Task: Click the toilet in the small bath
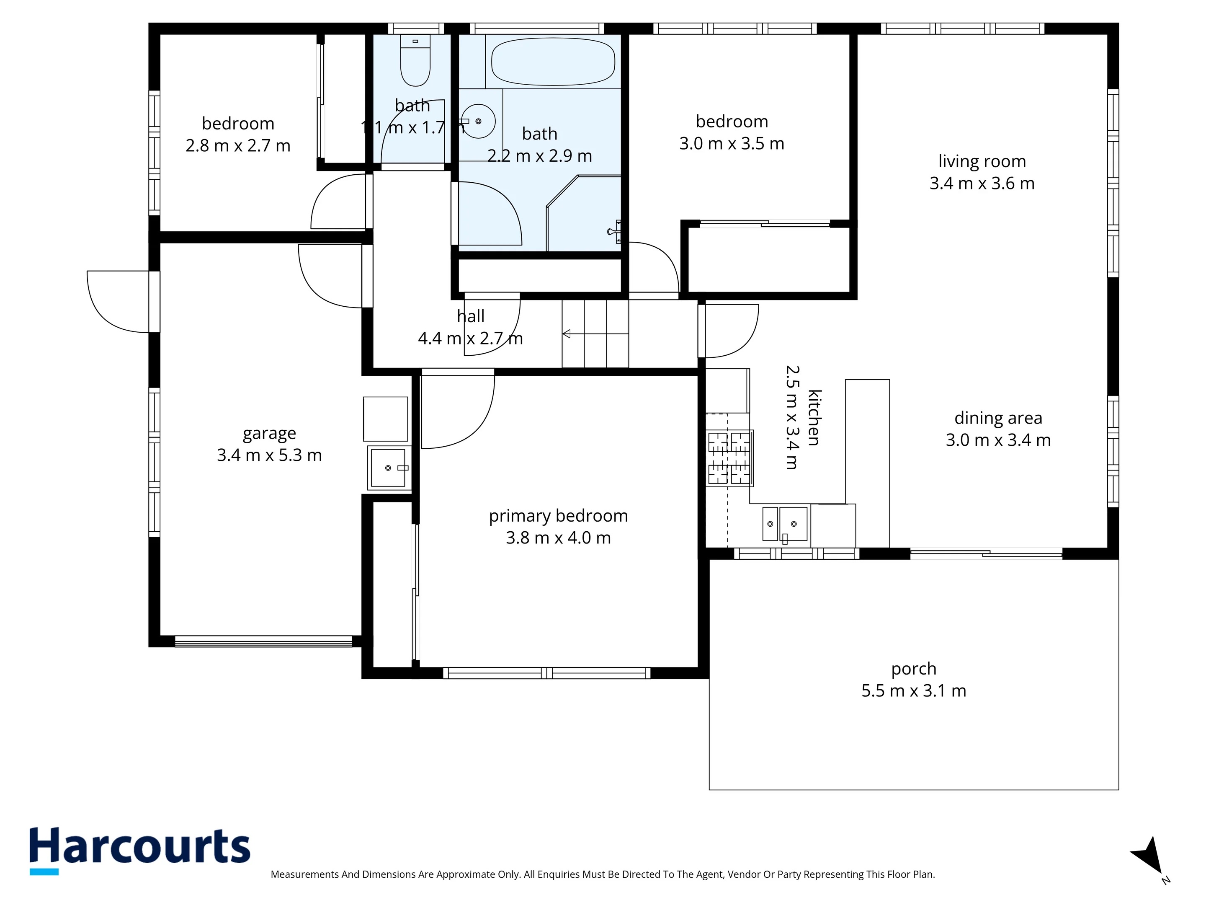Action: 415,60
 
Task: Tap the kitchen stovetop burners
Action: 729,458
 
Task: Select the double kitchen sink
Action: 785,524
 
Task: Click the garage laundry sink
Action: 388,468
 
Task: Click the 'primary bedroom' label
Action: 558,516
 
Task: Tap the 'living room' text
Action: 982,161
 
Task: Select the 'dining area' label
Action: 998,418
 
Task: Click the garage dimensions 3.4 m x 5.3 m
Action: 269,455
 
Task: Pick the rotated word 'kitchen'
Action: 814,418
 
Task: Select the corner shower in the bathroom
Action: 583,213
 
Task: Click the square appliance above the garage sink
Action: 386,419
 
